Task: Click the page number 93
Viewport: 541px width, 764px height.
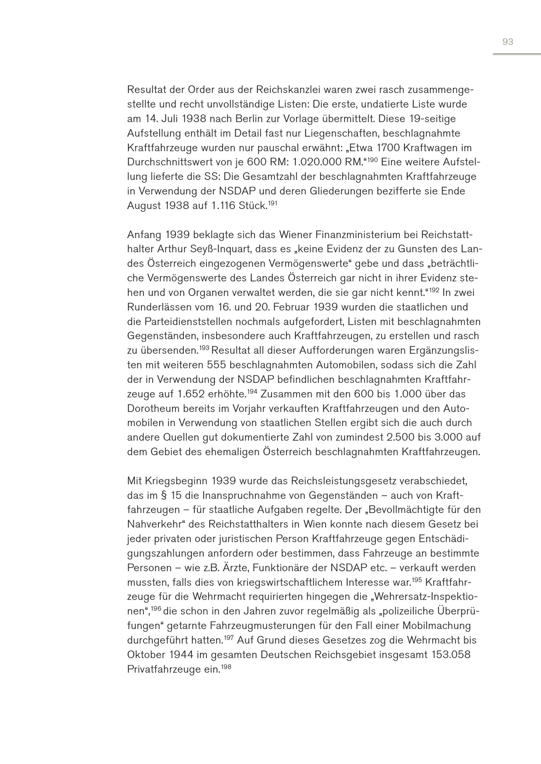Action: pyautogui.click(x=508, y=42)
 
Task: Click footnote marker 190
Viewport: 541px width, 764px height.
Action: pyautogui.click(x=372, y=160)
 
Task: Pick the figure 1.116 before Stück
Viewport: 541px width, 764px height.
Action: pyautogui.click(x=223, y=206)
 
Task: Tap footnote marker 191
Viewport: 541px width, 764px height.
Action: pyautogui.click(x=272, y=203)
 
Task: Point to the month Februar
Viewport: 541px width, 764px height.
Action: pyautogui.click(x=289, y=307)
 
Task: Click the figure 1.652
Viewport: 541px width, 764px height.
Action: pyautogui.click(x=191, y=394)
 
